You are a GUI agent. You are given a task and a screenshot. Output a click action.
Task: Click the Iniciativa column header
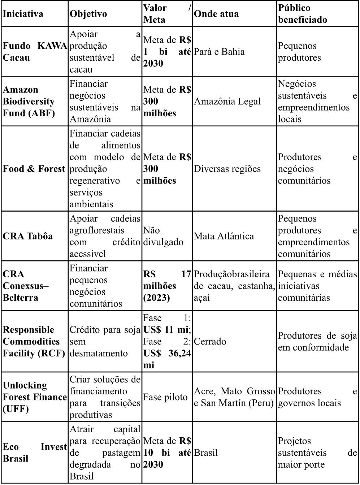click(x=23, y=14)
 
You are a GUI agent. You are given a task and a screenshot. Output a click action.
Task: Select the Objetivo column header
click(x=88, y=14)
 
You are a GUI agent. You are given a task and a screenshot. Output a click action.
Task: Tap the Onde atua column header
click(x=216, y=14)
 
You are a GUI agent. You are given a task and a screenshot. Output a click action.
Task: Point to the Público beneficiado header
click(x=303, y=14)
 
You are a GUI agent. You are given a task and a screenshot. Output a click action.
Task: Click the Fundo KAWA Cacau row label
click(x=35, y=52)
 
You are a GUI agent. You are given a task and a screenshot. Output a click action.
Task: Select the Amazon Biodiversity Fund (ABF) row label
click(x=29, y=101)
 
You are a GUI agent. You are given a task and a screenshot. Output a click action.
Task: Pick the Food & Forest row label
click(x=34, y=169)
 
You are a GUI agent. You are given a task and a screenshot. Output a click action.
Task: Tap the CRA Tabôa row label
click(x=28, y=236)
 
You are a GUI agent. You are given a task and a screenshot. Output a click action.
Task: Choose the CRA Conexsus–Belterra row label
click(x=26, y=286)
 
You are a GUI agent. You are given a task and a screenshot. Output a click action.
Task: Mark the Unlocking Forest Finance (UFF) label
click(x=35, y=397)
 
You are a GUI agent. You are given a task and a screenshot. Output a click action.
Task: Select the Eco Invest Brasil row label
click(x=35, y=452)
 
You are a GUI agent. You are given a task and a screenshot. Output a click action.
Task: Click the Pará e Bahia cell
click(x=219, y=52)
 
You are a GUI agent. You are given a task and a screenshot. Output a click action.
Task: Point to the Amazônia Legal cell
click(x=227, y=101)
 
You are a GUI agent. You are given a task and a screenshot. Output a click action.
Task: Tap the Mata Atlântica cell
click(x=224, y=236)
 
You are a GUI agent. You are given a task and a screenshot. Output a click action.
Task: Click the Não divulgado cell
click(x=163, y=236)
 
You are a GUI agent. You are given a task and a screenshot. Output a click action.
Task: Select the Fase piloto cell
click(x=165, y=397)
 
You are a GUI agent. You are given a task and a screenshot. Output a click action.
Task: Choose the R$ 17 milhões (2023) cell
click(x=167, y=286)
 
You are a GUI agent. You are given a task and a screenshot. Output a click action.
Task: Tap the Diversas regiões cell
click(x=227, y=169)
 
